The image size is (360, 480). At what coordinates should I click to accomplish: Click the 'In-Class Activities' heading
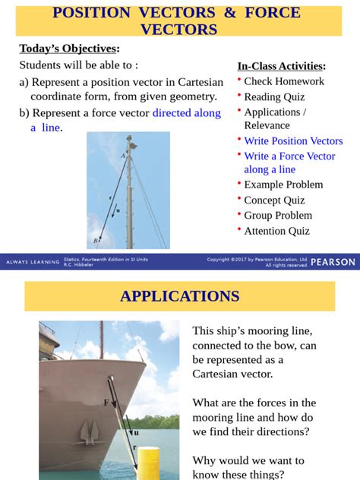281,66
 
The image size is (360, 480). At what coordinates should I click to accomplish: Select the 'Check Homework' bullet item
284,81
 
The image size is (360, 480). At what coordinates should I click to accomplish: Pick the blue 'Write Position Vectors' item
293,141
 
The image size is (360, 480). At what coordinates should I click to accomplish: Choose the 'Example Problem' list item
283,185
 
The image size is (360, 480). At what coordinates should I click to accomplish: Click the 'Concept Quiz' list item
274,201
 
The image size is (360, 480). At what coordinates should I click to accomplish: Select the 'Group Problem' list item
278,216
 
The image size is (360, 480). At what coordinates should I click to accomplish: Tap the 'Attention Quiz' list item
276,231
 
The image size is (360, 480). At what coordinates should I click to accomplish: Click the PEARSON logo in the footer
333,261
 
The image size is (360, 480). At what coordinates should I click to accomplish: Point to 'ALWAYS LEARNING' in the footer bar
32,262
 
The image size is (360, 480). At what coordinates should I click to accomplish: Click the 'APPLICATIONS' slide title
179,296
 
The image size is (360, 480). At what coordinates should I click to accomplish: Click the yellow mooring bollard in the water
148,464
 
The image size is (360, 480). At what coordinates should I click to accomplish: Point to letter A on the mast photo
122,156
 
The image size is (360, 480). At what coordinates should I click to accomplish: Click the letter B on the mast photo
96,241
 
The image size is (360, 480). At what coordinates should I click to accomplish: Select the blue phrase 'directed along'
187,113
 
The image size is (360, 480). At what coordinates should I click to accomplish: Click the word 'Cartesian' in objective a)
197,82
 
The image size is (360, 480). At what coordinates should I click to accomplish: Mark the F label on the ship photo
106,402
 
